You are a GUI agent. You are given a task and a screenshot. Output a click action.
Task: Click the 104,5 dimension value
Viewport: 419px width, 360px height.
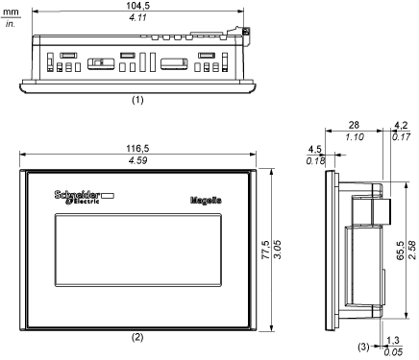pyautogui.click(x=137, y=6)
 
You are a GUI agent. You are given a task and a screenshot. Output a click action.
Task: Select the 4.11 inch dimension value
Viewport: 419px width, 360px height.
pyautogui.click(x=137, y=17)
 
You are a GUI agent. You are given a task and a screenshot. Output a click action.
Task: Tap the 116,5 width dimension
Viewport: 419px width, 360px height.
pyautogui.click(x=137, y=149)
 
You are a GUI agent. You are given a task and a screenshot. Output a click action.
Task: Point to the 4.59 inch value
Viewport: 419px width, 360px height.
pyautogui.click(x=137, y=160)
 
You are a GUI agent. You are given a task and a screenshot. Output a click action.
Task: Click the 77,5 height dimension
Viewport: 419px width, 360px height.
pyautogui.click(x=265, y=250)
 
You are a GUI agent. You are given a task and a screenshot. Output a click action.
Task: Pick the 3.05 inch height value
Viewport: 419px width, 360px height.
pyautogui.click(x=277, y=250)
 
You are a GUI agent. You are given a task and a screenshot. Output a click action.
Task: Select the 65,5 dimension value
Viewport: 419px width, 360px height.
pyautogui.click(x=401, y=251)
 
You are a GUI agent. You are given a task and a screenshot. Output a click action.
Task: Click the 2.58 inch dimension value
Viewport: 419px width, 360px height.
pyautogui.click(x=412, y=251)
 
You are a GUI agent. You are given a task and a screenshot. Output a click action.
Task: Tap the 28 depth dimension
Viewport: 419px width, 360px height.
pyautogui.click(x=354, y=125)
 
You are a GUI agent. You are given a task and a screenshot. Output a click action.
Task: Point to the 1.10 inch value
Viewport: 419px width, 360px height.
pyautogui.click(x=355, y=137)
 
